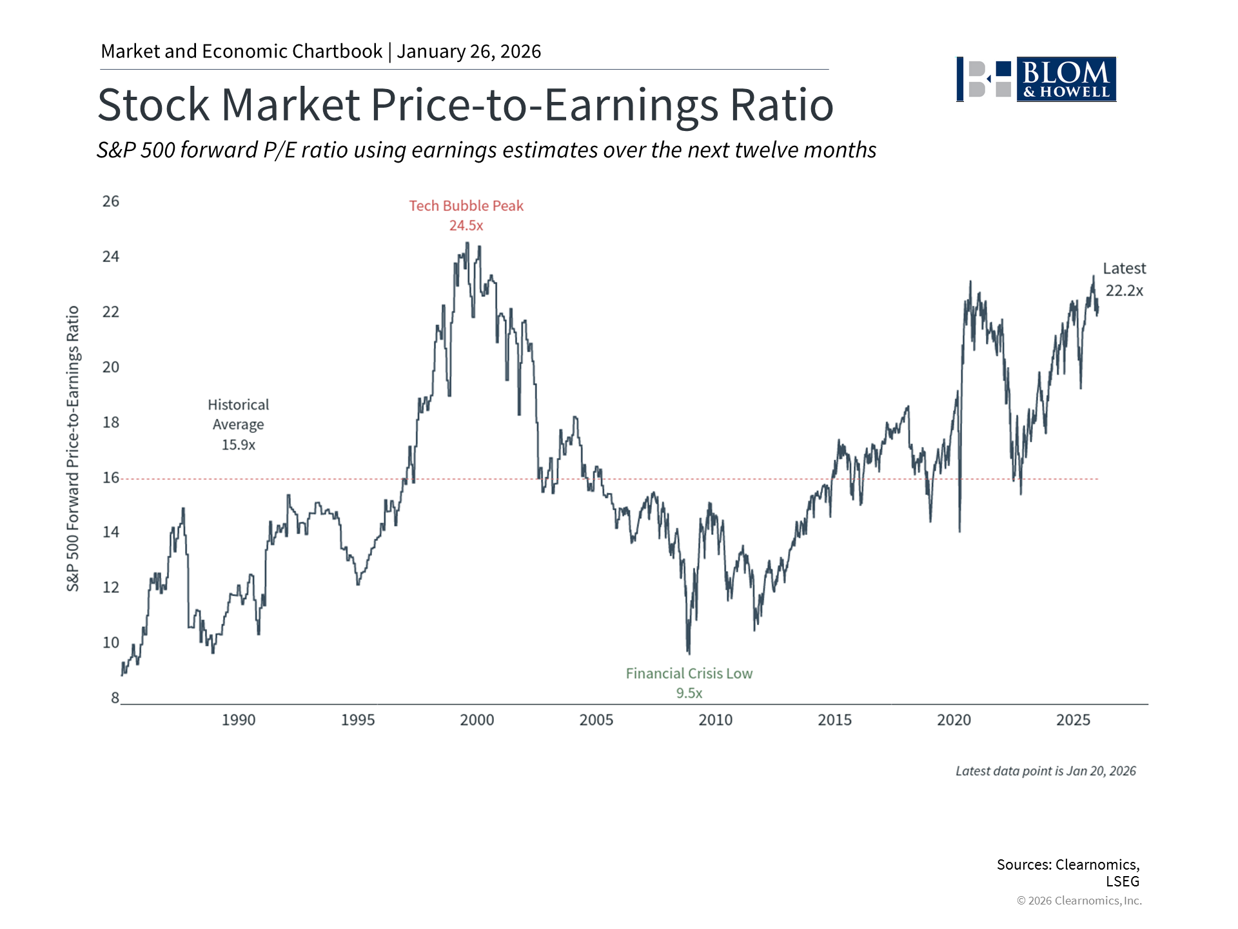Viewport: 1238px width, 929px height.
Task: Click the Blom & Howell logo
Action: tap(1036, 79)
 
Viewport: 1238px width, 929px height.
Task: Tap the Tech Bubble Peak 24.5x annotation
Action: tap(466, 215)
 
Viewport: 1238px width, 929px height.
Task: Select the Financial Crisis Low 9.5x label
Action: tap(689, 683)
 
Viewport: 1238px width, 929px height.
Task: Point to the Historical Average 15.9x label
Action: tap(239, 425)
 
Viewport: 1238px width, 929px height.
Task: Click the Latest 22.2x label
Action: tap(1124, 279)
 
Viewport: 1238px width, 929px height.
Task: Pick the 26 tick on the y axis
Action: tap(111, 201)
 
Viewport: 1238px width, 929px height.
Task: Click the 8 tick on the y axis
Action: tap(115, 697)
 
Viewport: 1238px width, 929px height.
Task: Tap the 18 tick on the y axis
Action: tap(111, 422)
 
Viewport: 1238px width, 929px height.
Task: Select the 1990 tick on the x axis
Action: tap(239, 720)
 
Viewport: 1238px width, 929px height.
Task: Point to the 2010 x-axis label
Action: tap(716, 720)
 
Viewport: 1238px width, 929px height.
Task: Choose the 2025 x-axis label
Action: tap(1073, 720)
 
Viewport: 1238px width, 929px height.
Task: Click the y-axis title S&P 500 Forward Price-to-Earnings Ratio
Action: tap(73, 448)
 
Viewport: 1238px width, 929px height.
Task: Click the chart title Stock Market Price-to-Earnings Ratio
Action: tap(465, 105)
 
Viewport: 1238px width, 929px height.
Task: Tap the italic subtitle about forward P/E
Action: tap(486, 150)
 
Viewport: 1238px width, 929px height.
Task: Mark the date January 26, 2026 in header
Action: tap(469, 52)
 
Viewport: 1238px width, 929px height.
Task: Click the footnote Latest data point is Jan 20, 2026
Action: tap(1045, 771)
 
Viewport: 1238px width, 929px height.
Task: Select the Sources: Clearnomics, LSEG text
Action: tap(1068, 872)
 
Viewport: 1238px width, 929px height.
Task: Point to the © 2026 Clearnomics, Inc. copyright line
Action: tap(1079, 901)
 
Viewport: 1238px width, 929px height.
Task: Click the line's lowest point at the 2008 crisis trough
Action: tap(689, 653)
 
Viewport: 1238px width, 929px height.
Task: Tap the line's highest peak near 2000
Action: tap(467, 244)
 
